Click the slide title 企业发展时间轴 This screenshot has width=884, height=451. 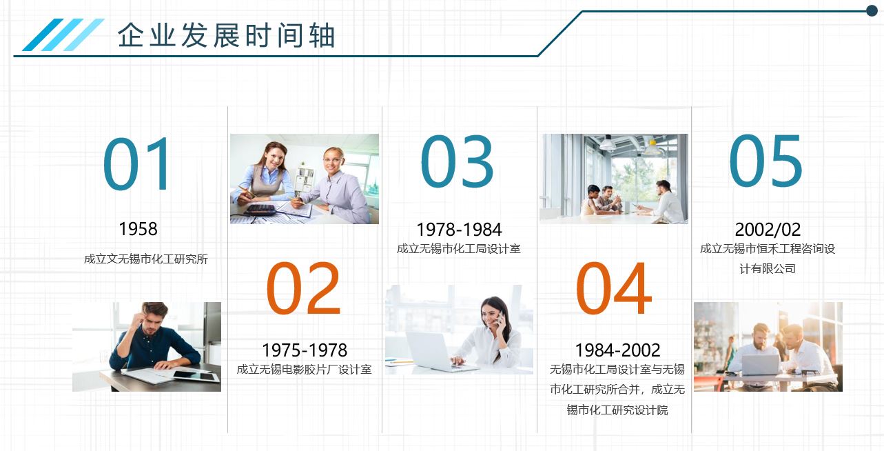227,35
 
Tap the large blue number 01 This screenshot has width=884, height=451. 137,163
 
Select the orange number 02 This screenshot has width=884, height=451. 303,288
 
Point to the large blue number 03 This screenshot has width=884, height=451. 457,161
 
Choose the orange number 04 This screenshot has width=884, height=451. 614,288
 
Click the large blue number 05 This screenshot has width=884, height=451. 765,161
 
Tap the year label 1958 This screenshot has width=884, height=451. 138,229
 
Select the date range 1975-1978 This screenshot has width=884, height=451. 305,350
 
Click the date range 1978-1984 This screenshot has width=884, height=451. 460,230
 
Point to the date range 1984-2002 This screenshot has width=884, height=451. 617,350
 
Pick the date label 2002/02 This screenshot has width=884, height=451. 768,230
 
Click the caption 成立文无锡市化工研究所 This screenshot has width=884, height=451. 146,259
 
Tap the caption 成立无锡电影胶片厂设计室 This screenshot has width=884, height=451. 305,370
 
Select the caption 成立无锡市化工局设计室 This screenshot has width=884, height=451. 459,249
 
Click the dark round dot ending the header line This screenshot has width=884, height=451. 872,11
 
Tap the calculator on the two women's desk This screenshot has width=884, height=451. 260,210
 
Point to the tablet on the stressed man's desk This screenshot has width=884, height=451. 196,376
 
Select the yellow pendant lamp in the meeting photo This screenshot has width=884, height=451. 652,148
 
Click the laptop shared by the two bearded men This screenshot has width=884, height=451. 760,365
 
